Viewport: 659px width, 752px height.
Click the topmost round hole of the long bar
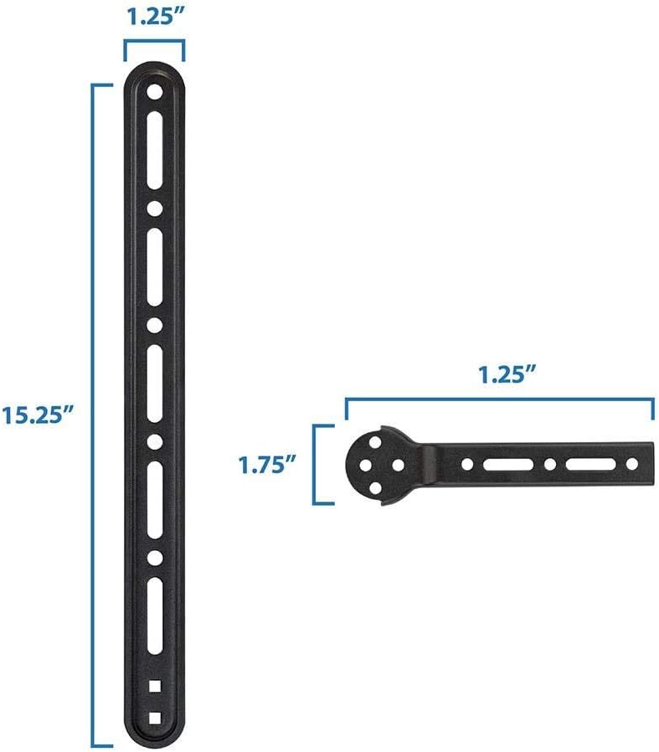click(155, 93)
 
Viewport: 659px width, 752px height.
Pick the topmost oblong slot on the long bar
click(155, 151)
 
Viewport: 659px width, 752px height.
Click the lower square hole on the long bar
click(155, 717)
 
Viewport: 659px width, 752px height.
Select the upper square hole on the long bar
click(155, 687)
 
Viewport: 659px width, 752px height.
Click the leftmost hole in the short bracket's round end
click(361, 464)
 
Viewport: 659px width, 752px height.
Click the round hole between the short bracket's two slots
click(549, 464)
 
